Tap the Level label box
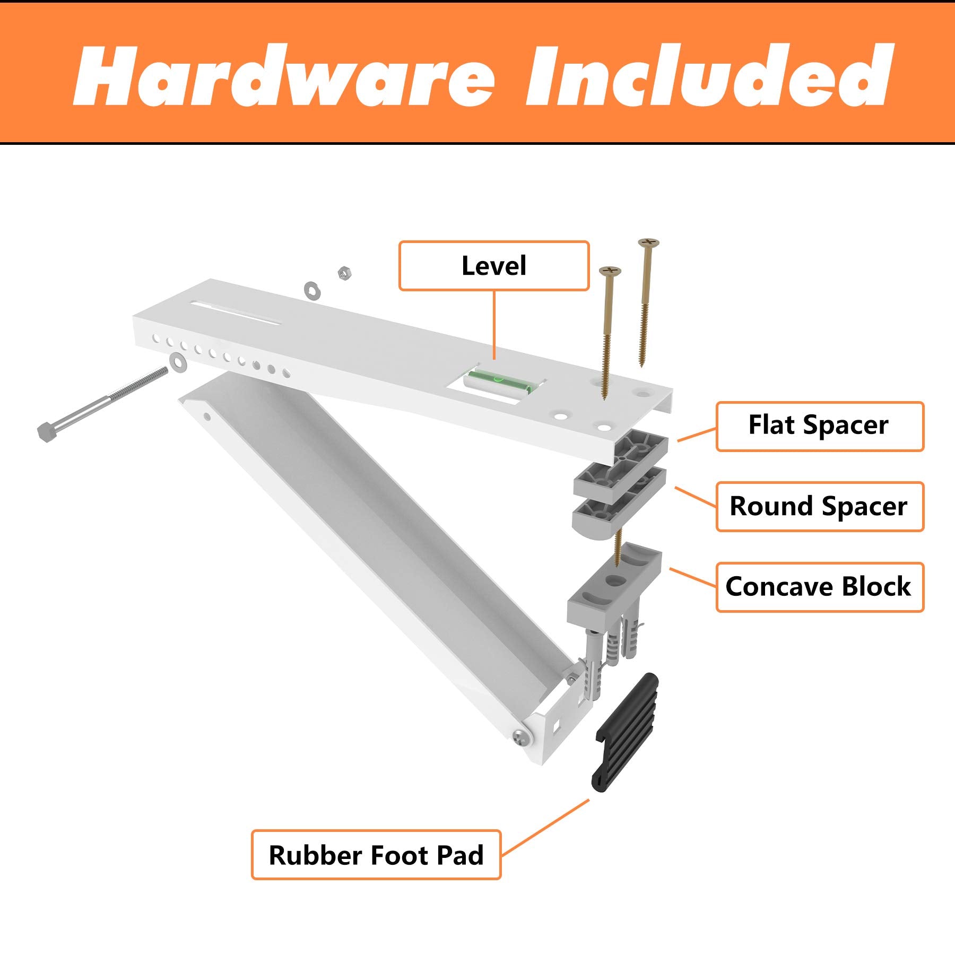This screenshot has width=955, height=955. click(x=493, y=266)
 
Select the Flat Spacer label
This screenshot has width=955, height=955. click(x=819, y=426)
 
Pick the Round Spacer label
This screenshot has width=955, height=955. click(x=819, y=507)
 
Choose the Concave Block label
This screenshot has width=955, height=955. click(x=819, y=587)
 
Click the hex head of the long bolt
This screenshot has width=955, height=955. click(x=47, y=432)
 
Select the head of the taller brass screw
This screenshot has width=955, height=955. click(x=648, y=244)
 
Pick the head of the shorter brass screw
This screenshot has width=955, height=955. click(x=610, y=272)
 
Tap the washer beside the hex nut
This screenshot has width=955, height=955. click(x=311, y=290)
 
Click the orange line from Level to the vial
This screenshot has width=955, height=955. click(x=494, y=324)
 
